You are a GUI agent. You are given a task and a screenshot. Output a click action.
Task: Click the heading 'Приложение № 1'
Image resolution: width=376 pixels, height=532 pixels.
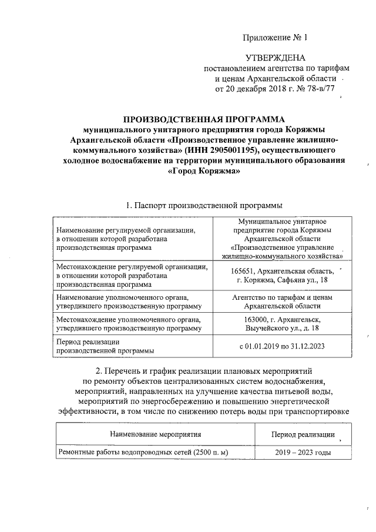point(276,38)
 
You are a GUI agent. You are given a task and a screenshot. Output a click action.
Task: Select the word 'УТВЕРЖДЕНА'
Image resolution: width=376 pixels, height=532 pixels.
point(276,58)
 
